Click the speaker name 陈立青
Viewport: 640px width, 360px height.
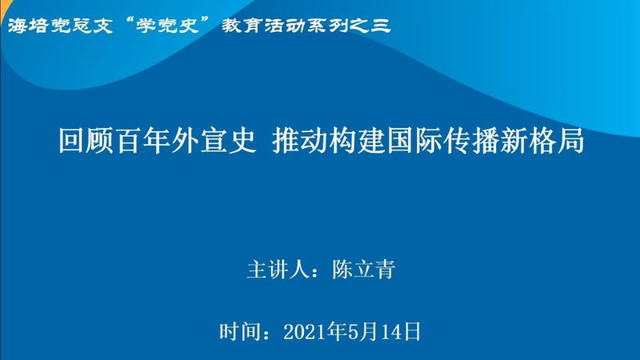[x=364, y=270]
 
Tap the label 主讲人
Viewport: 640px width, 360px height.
[x=277, y=270]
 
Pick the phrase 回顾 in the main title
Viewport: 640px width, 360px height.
[x=86, y=141]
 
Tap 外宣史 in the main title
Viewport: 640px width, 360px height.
[x=214, y=141]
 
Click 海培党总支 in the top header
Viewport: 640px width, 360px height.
[x=60, y=26]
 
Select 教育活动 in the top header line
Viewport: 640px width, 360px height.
[x=264, y=26]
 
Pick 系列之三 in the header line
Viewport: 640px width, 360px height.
[x=349, y=26]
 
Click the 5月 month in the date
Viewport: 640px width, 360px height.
[x=362, y=332]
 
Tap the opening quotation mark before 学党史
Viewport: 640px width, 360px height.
[x=129, y=22]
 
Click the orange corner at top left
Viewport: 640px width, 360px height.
[x=4, y=8]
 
